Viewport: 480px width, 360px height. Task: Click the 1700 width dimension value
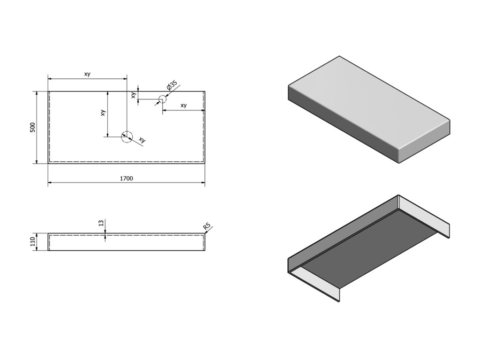tap(127, 178)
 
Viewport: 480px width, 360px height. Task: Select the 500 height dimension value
tap(32, 127)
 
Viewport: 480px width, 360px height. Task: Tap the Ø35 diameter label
tap(172, 86)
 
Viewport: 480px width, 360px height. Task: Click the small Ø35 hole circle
tap(162, 99)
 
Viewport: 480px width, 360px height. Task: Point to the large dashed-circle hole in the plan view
tap(127, 136)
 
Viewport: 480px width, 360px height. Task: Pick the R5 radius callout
tap(206, 227)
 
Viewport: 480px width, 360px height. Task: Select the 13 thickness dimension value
tap(101, 223)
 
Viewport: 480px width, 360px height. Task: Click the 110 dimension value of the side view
tap(32, 242)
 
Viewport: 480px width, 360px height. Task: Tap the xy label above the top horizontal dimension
tap(87, 74)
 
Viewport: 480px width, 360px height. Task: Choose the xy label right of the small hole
tap(183, 105)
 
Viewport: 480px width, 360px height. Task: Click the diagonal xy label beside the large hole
tap(142, 140)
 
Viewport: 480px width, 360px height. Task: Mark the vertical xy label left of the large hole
tap(103, 113)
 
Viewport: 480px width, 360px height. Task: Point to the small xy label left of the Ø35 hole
tap(134, 95)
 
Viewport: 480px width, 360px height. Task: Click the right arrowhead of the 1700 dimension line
tap(203, 182)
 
